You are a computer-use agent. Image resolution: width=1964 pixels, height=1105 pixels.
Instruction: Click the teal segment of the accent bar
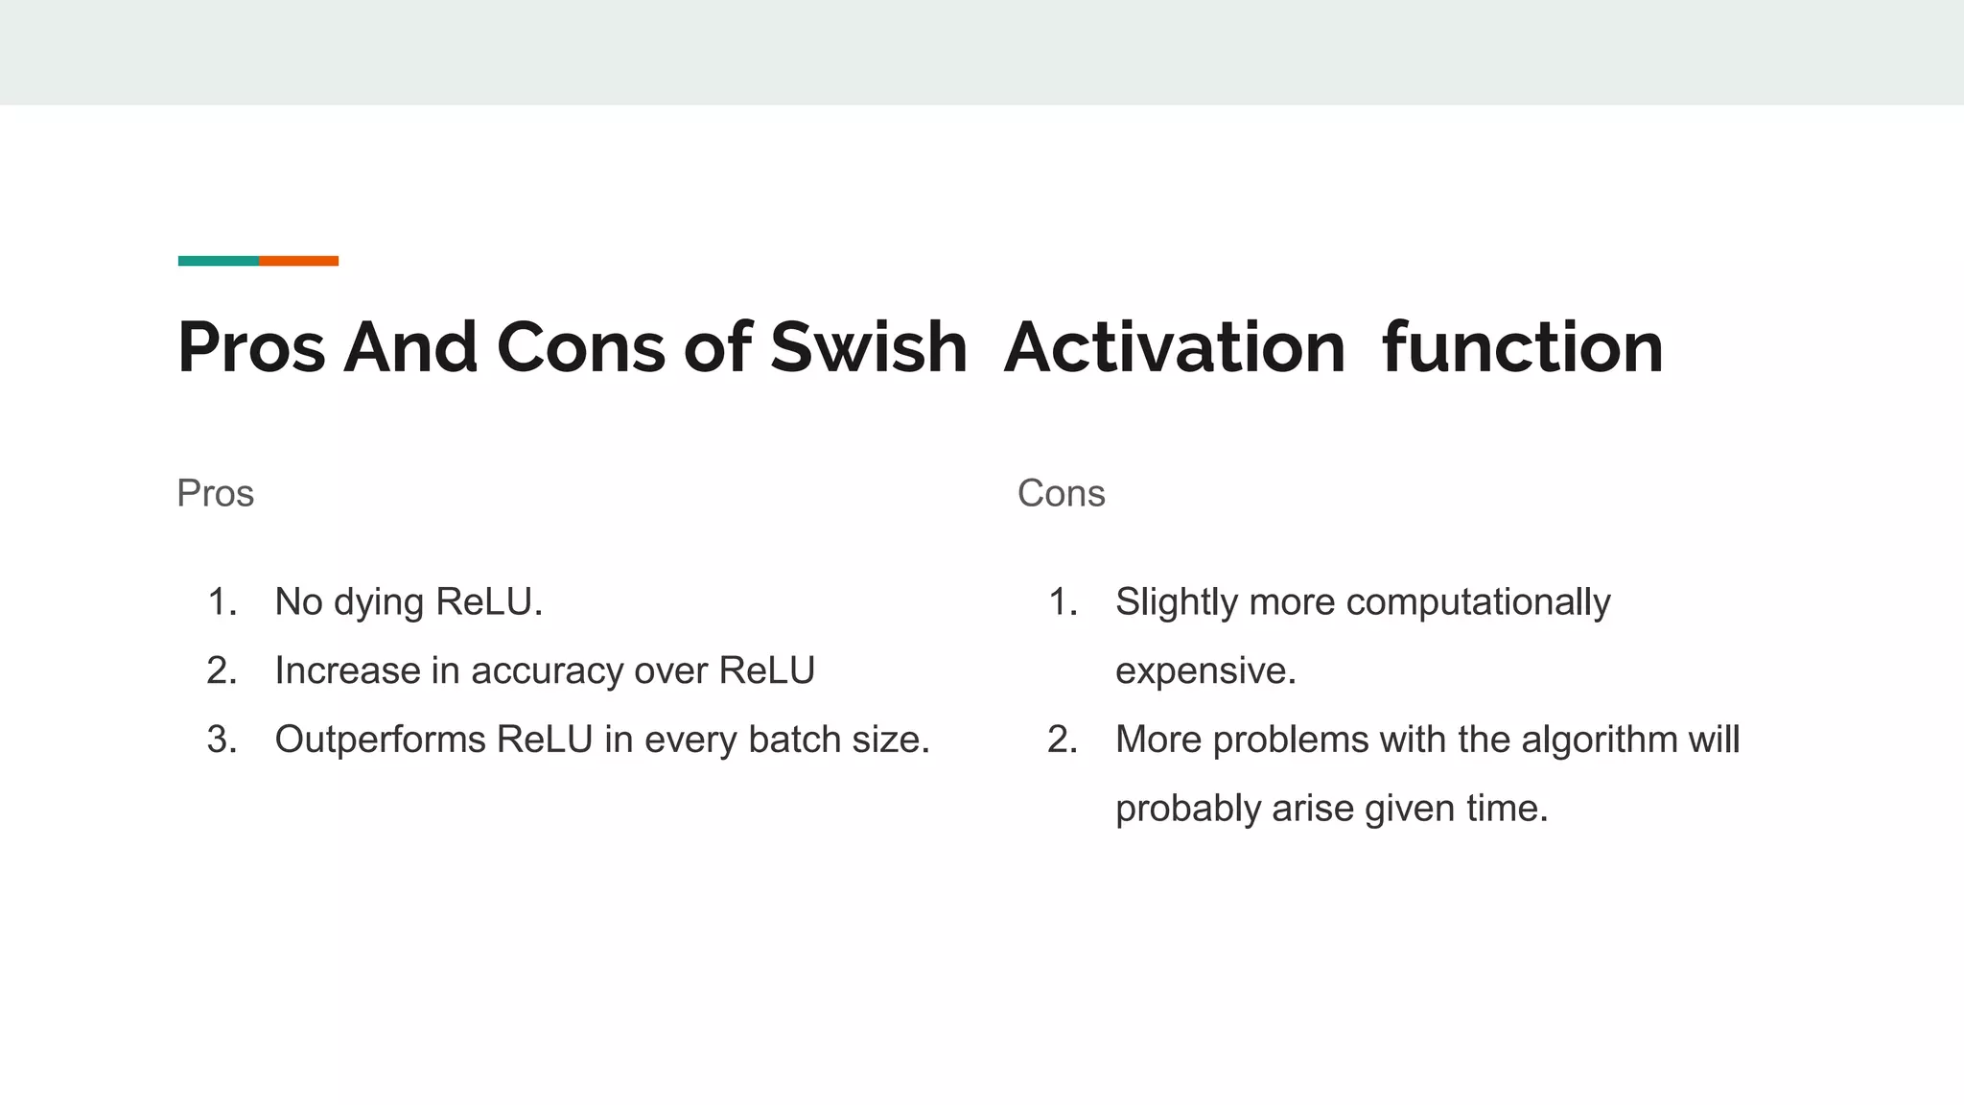218,261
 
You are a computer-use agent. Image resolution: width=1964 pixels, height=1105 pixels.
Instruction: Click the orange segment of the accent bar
298,261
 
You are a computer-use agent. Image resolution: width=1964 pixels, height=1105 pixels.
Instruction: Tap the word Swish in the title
868,347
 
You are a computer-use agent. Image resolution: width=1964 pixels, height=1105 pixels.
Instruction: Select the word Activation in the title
1175,347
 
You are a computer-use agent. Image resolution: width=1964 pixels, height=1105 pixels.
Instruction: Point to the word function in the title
1522,347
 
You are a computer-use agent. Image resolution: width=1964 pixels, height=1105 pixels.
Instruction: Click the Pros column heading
215,494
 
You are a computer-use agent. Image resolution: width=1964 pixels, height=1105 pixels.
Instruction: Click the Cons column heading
1061,494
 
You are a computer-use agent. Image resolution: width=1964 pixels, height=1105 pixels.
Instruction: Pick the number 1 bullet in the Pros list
222,602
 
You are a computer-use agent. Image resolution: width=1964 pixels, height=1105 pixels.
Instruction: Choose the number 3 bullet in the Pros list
222,740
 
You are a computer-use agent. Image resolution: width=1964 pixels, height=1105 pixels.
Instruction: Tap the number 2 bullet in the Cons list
1063,740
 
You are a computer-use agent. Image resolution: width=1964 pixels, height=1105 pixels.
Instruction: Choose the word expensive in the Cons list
1204,671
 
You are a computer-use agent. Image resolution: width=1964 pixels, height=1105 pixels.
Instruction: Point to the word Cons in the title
580,347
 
